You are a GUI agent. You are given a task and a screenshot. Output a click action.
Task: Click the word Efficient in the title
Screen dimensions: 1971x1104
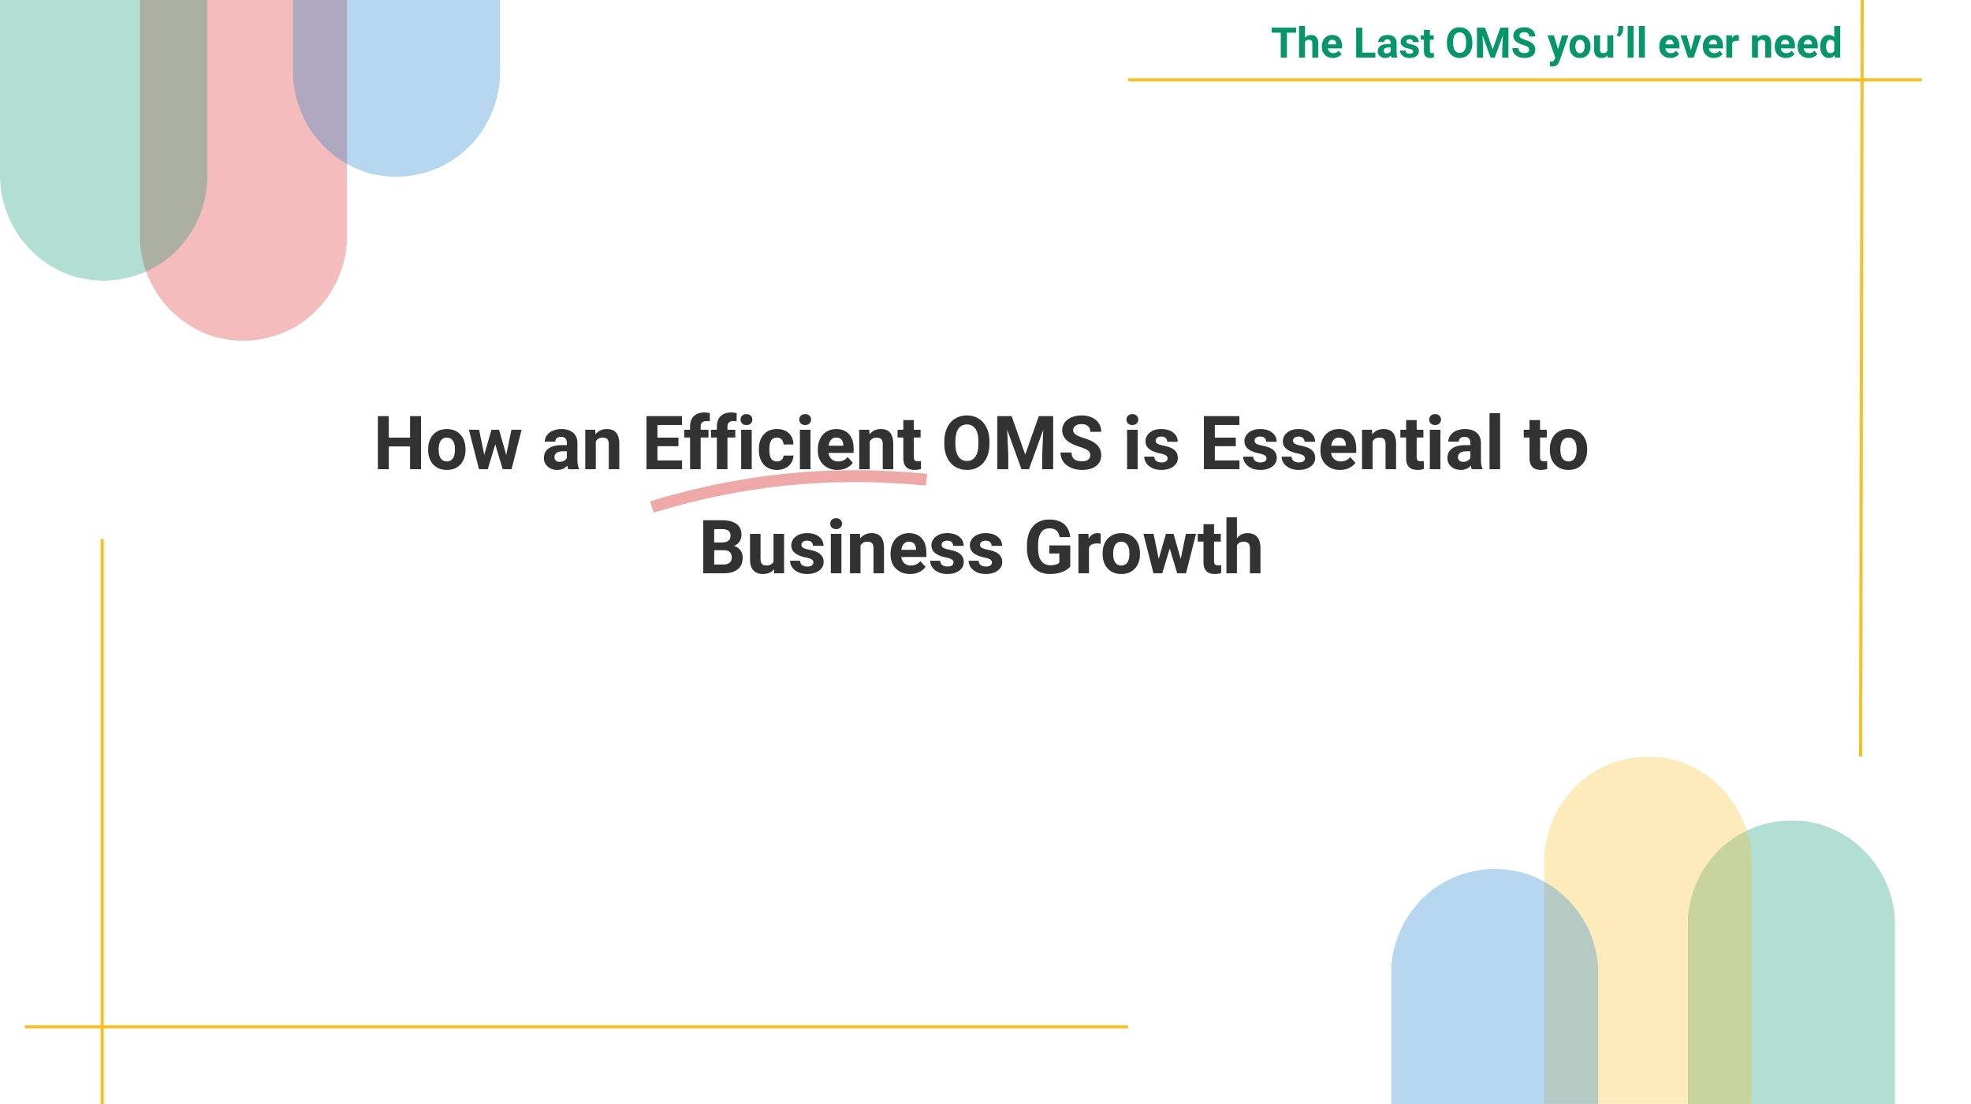click(782, 443)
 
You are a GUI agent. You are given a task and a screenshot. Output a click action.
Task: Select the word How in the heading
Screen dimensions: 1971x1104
click(448, 443)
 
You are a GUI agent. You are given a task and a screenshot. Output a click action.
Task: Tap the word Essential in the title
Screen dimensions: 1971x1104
click(1351, 443)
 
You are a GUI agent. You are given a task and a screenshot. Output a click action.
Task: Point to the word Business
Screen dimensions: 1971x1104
click(851, 547)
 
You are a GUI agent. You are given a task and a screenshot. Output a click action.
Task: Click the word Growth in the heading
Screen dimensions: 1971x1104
click(1144, 547)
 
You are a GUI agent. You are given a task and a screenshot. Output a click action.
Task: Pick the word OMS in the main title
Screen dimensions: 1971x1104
click(1023, 443)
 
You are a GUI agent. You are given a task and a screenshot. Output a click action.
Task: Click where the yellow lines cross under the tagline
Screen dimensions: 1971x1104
click(1861, 80)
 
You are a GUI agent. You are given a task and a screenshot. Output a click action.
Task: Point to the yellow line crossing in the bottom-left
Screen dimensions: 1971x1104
click(102, 1027)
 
